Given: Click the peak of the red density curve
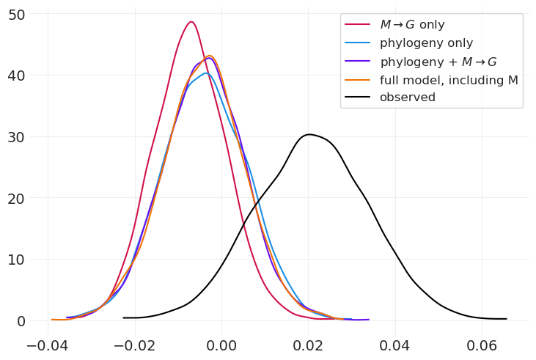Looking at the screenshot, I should (x=191, y=22).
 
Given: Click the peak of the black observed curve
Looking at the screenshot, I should (x=309, y=134).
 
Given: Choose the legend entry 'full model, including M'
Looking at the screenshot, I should (x=449, y=80).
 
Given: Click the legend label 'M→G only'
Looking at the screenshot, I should (x=412, y=25).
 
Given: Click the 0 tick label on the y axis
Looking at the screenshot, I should (x=22, y=321).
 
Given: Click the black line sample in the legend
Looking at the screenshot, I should (x=359, y=98).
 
